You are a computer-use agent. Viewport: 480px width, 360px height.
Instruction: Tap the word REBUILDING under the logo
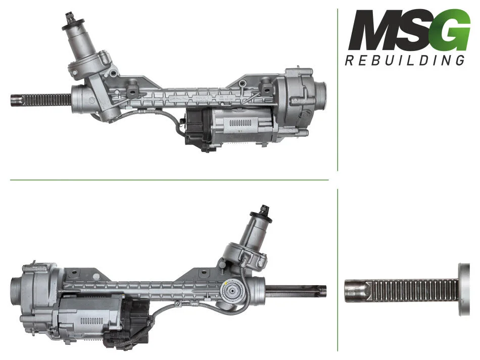click(405, 60)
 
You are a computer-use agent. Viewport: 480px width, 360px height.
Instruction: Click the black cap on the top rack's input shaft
click(73, 23)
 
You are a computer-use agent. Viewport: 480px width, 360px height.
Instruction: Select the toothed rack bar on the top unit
click(45, 100)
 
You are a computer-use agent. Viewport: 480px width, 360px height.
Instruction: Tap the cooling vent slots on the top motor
click(240, 123)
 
